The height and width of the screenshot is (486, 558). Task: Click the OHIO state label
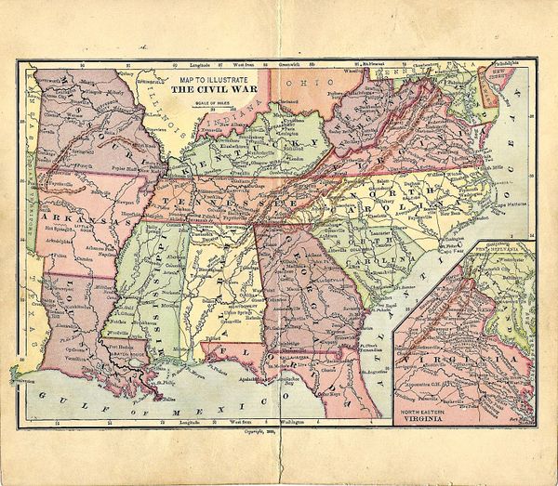click(299, 83)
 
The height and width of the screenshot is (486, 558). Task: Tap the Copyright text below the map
click(260, 431)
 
